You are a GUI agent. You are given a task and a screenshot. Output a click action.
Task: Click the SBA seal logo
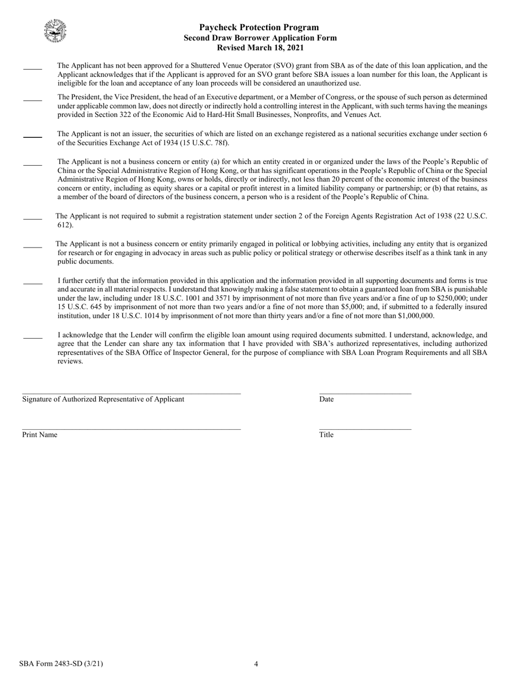[x=55, y=31]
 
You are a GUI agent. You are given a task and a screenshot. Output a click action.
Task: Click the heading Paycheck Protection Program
[x=259, y=27]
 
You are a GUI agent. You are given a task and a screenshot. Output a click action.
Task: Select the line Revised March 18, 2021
[x=260, y=48]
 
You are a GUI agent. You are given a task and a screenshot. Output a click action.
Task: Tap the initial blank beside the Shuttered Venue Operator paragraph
[x=32, y=69]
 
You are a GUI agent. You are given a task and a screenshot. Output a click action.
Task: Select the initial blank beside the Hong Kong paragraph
[x=32, y=164]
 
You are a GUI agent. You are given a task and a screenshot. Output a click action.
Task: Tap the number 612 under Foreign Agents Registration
[x=65, y=225]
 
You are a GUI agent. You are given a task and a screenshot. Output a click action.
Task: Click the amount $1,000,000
[x=415, y=316]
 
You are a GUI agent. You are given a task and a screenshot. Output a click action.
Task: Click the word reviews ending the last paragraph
[x=70, y=361]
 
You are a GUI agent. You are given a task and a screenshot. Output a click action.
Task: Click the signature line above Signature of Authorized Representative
[x=131, y=393]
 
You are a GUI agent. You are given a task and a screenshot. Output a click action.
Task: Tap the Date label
[x=326, y=400]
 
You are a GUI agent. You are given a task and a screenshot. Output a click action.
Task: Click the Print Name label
[x=39, y=435]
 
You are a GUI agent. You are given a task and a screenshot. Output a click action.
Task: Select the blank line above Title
[x=365, y=429]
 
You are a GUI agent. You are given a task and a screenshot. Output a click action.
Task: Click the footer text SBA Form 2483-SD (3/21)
[x=60, y=663]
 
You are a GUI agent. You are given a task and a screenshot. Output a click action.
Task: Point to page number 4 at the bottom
[x=256, y=664]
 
